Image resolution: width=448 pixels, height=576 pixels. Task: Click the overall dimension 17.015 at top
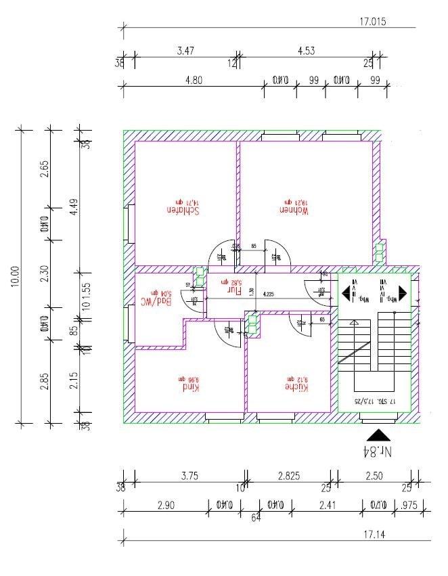click(x=372, y=22)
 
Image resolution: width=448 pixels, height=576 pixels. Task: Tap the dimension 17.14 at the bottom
click(x=374, y=535)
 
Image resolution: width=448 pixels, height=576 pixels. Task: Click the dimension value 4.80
click(x=194, y=80)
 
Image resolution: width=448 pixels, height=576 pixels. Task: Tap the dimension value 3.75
click(x=189, y=476)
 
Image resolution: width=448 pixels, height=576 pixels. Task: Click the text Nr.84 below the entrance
click(x=378, y=451)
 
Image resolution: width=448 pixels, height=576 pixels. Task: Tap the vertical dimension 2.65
click(x=45, y=168)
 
